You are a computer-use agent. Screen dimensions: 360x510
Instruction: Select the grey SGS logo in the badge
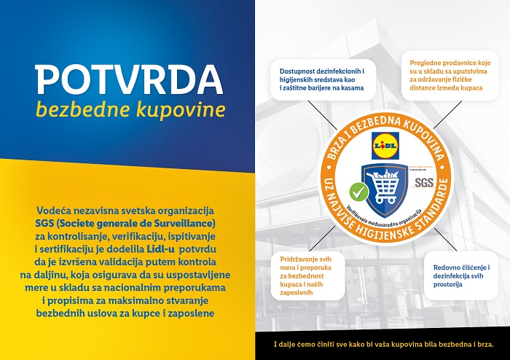423,182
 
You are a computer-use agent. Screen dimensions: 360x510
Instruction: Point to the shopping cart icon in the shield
385,187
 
